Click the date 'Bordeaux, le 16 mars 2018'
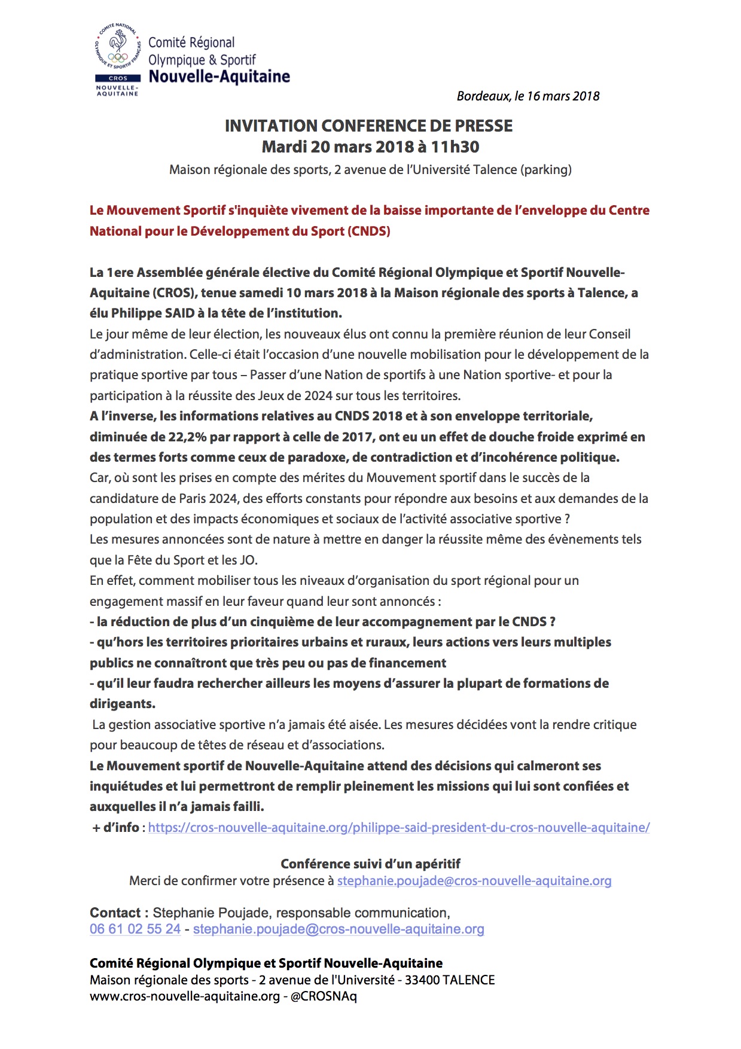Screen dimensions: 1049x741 coord(527,96)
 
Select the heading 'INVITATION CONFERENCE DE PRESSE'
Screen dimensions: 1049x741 coord(368,126)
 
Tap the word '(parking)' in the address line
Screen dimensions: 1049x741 coord(546,170)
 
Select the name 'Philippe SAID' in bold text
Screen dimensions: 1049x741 coord(145,313)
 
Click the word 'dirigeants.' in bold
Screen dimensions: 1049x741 coord(123,704)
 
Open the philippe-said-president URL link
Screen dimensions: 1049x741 coord(399,828)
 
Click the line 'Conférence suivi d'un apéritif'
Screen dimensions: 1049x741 coord(370,864)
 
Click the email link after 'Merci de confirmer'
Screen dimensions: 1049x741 coord(474,881)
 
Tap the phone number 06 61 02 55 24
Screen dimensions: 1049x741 coord(135,929)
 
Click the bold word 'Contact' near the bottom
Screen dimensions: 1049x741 coord(115,913)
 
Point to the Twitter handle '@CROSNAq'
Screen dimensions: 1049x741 coord(324,996)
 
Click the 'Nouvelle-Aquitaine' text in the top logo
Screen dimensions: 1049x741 coord(219,77)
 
